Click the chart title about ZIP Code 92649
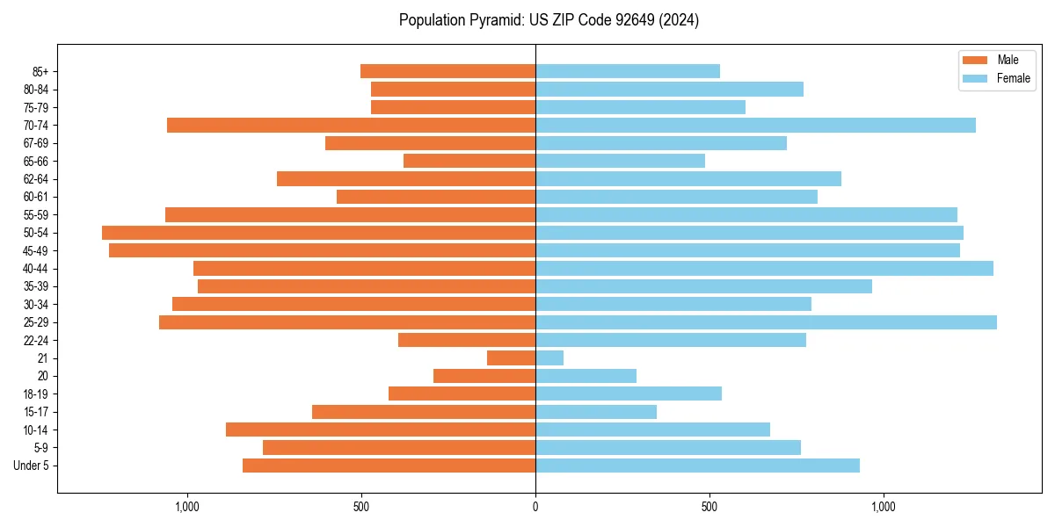tap(549, 20)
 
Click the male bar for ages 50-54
tap(318, 233)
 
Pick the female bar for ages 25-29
tap(766, 322)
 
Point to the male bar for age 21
tap(511, 358)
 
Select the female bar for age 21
tap(549, 358)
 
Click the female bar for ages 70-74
tap(755, 126)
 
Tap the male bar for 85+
tap(447, 71)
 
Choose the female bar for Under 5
tap(697, 466)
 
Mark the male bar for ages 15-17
tap(424, 412)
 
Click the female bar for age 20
tap(586, 376)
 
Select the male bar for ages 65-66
tap(469, 161)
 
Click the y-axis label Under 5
tap(32, 466)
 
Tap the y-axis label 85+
tap(40, 71)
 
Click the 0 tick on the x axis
tap(535, 507)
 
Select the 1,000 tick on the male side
tap(187, 507)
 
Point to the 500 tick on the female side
tap(709, 507)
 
